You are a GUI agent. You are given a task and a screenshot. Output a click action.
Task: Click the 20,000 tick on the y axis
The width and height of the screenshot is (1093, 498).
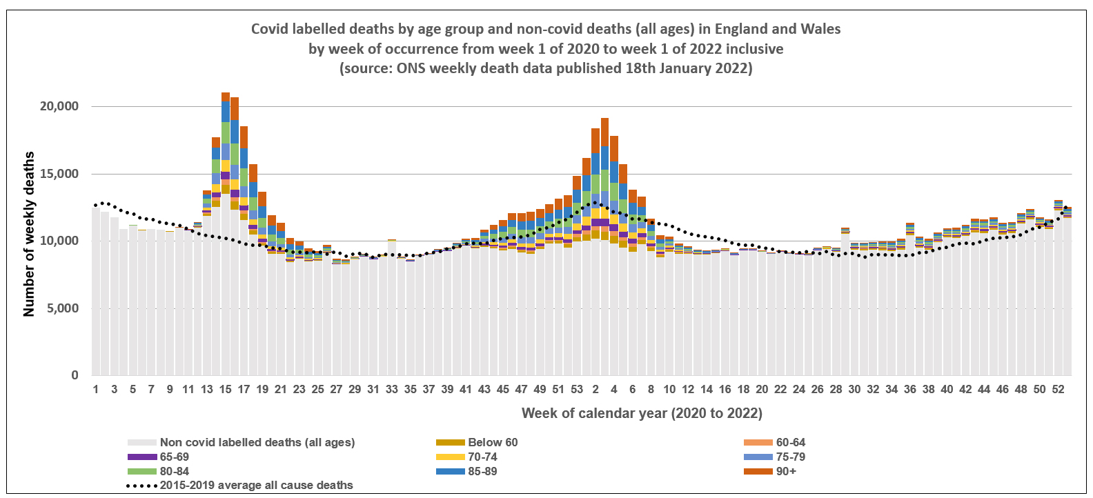click(x=59, y=106)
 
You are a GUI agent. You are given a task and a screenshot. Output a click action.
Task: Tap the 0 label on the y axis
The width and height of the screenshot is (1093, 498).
click(x=75, y=375)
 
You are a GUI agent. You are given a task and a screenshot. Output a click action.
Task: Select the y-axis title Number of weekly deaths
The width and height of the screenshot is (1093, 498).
click(x=29, y=235)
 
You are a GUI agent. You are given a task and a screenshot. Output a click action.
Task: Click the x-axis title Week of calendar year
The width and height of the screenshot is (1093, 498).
click(x=641, y=413)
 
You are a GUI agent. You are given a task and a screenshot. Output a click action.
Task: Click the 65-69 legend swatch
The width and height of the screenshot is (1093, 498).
click(x=142, y=457)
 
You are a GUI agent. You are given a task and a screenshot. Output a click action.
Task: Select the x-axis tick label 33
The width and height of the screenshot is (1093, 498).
click(x=391, y=389)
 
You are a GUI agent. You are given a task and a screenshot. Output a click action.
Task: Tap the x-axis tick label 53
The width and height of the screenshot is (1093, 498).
click(x=577, y=389)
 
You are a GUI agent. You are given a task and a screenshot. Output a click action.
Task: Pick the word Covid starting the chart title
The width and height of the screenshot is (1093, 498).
click(x=268, y=29)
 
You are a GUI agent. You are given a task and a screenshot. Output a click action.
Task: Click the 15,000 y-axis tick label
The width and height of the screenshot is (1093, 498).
click(x=59, y=174)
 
